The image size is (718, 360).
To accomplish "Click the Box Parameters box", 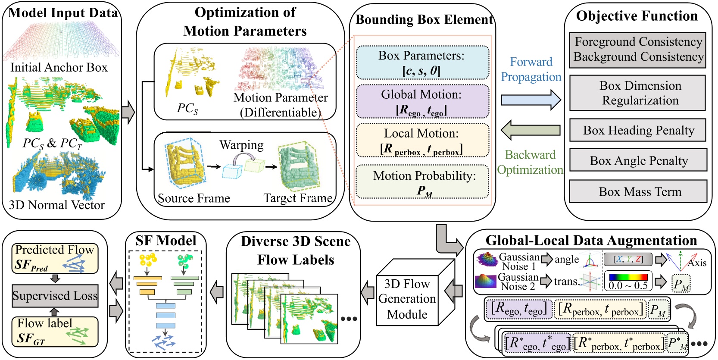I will pos(422,63).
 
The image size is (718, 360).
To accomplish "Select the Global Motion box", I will pos(422,102).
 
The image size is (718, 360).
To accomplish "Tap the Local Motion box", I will pos(422,141).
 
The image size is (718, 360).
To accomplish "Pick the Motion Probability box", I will pos(422,182).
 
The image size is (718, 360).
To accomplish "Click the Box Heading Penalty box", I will pos(638,130).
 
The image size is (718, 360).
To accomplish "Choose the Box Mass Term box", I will pos(638,191).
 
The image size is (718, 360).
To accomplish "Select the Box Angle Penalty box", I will pos(638,160).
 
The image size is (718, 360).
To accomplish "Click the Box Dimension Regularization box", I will pos(638,93).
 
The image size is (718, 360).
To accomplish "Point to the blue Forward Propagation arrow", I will pos(531,100).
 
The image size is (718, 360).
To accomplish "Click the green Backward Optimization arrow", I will pos(531,130).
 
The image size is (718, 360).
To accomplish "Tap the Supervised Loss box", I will pos(55,296).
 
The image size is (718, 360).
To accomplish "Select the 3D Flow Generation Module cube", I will pos(407,298).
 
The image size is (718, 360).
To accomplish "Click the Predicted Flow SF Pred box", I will pos(55,258).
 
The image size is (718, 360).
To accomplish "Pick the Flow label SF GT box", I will pos(55,332).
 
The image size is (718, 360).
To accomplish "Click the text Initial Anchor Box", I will pos(59,67).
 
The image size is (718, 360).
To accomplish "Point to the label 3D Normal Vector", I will pos(56,205).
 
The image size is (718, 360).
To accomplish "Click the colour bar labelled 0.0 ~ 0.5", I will pos(628,277).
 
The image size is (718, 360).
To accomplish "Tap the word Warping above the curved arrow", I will pos(241,145).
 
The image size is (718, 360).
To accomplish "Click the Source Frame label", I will pos(194,198).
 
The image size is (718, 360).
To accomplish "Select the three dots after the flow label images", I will pos(349,319).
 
